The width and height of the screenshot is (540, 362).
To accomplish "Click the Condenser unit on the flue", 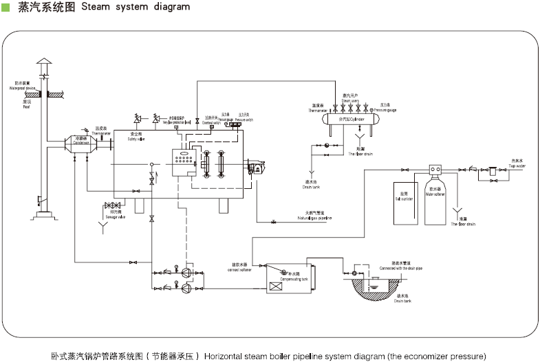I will (x=81, y=144).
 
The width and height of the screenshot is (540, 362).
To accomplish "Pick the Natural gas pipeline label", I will (x=314, y=217).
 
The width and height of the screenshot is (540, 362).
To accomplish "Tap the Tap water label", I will (x=517, y=165).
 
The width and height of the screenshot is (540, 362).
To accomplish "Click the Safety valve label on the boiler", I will (x=136, y=139).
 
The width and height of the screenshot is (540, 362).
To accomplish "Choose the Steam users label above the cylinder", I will (x=351, y=101).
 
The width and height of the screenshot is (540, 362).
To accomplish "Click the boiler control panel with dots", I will (x=184, y=161).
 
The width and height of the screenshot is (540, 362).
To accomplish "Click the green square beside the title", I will (x=5, y=7).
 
